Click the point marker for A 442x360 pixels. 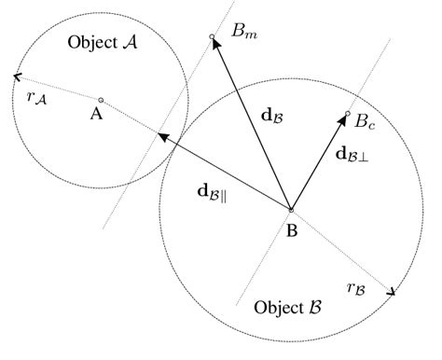point(101,100)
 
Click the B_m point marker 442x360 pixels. point(213,37)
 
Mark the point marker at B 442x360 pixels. point(291,210)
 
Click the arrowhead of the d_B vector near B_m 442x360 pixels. point(216,47)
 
